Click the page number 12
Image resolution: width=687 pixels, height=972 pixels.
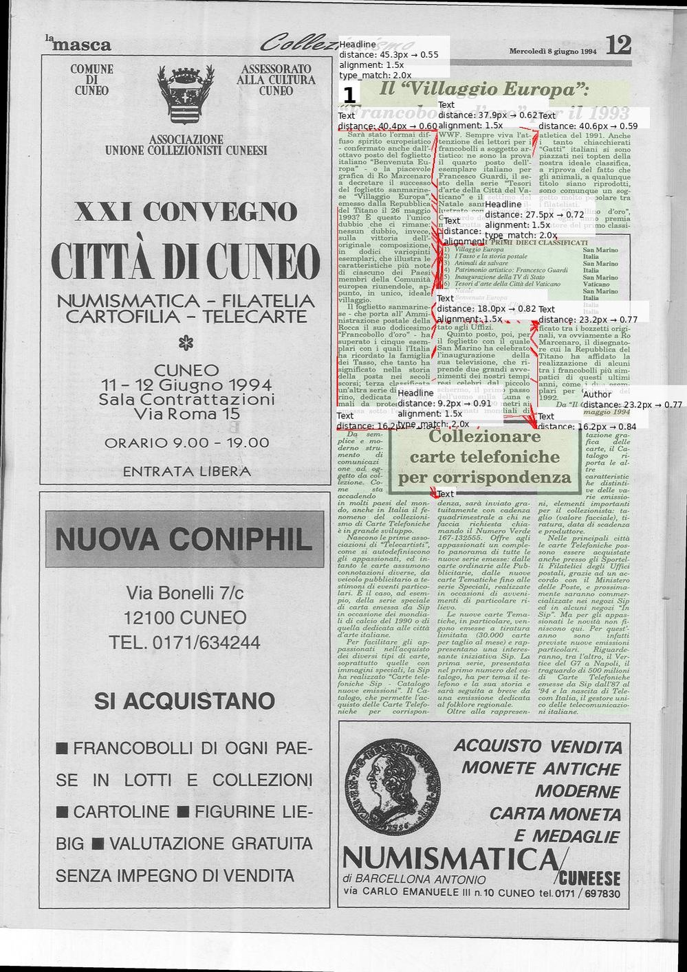point(618,45)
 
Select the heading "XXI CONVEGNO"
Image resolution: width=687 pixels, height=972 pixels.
point(186,212)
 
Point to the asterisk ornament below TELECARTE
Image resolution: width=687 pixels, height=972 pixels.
point(183,341)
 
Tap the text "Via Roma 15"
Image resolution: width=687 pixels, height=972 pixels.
point(187,414)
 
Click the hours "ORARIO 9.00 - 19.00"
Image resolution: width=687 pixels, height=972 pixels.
point(186,443)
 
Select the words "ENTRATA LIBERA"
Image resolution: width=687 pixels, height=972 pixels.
point(186,471)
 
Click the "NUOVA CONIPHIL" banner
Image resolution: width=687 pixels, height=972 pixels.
point(184,539)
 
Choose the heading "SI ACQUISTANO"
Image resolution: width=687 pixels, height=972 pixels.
point(184,701)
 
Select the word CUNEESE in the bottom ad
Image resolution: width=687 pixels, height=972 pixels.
point(589,878)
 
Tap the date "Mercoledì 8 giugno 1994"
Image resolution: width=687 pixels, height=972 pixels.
point(553,51)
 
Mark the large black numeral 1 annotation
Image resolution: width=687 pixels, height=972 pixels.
point(349,95)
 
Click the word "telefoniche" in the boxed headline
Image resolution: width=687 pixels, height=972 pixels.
point(484,457)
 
